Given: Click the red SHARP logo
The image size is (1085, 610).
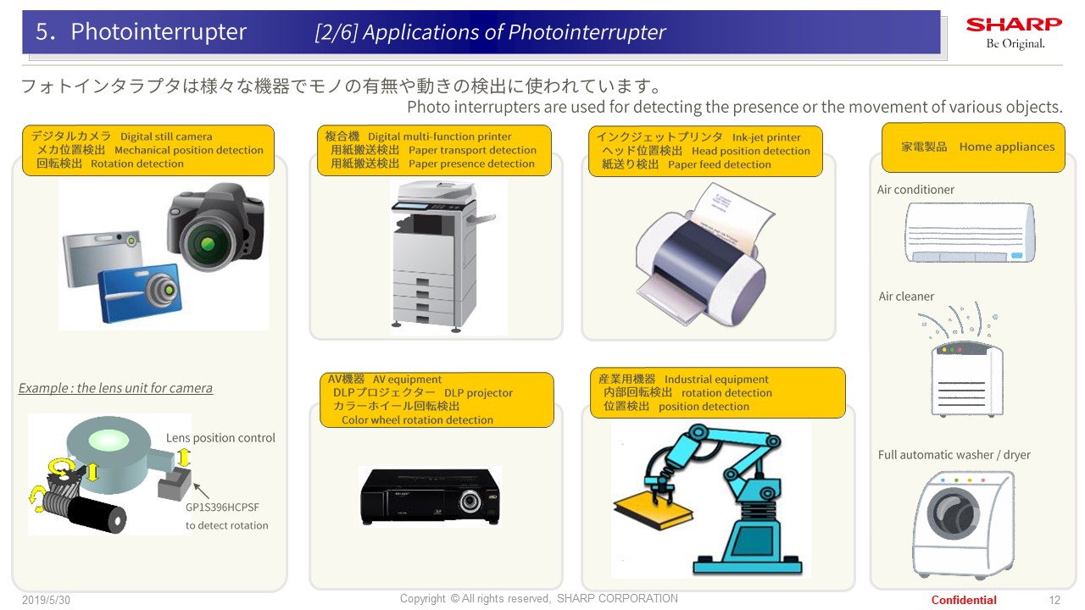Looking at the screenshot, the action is (x=1014, y=25).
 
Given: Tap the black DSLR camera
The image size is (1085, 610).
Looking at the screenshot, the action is (x=216, y=226).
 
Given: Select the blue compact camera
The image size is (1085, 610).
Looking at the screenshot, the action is (x=140, y=292).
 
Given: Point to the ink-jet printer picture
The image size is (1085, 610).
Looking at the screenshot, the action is (x=704, y=255).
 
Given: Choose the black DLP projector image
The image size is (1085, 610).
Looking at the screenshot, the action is (x=430, y=496).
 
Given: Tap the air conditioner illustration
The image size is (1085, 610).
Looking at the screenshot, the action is (x=971, y=232).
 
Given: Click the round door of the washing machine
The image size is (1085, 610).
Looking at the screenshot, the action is (x=953, y=513).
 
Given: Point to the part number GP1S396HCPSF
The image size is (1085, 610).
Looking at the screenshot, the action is (x=222, y=507).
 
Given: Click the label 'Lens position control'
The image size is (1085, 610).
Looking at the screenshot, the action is (x=220, y=438).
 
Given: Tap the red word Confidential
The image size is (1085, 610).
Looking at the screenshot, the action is (x=964, y=601).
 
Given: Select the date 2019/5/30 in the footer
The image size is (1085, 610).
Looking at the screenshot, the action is (x=46, y=601).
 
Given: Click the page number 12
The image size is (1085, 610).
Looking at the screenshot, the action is (x=1054, y=601).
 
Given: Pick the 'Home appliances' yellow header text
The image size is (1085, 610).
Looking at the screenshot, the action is (x=1006, y=147).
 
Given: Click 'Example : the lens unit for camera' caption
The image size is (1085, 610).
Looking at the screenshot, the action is (x=115, y=388).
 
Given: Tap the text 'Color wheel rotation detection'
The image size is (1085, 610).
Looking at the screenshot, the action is (x=417, y=419).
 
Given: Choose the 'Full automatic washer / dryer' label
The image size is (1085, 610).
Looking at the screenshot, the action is (x=954, y=455).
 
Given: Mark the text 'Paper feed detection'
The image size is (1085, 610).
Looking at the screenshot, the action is (x=720, y=164).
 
